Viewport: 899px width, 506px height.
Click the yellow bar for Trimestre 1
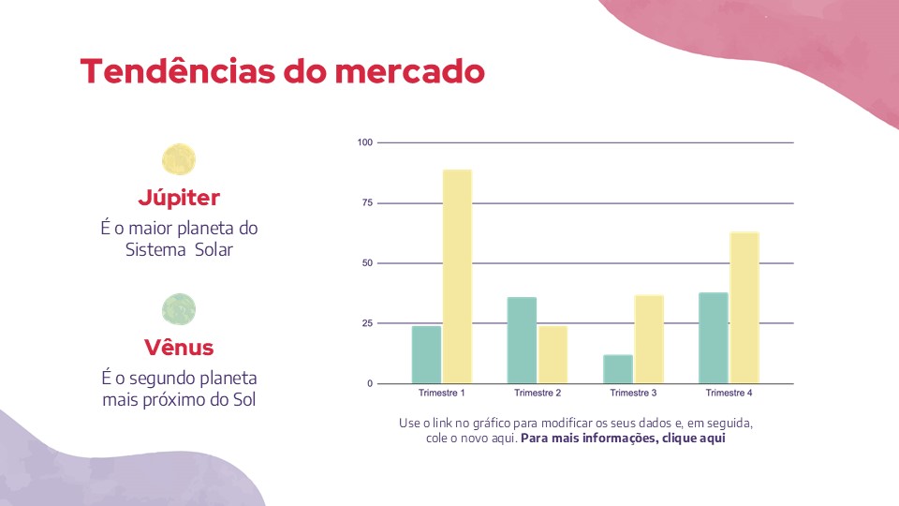pos(457,276)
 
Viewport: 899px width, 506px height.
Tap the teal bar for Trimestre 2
pos(522,340)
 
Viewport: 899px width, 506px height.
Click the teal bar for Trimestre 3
pos(617,369)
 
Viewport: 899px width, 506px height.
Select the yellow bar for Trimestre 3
pos(648,339)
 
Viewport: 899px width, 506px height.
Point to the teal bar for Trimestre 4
pos(714,338)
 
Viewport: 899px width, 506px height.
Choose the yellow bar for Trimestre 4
pos(744,307)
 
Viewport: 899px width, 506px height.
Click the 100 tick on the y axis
pos(365,142)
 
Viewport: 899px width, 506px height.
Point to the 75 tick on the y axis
pos(367,203)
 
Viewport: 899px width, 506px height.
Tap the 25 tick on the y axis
pos(367,323)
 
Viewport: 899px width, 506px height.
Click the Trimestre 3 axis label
pos(633,393)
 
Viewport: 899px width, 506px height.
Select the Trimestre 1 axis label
pos(442,393)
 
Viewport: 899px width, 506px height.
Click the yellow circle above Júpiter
pos(179,159)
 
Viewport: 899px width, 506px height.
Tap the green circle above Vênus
pos(179,308)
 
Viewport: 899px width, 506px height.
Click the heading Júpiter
pos(179,198)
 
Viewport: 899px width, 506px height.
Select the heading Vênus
pos(179,348)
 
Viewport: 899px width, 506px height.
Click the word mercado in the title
pos(409,71)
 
